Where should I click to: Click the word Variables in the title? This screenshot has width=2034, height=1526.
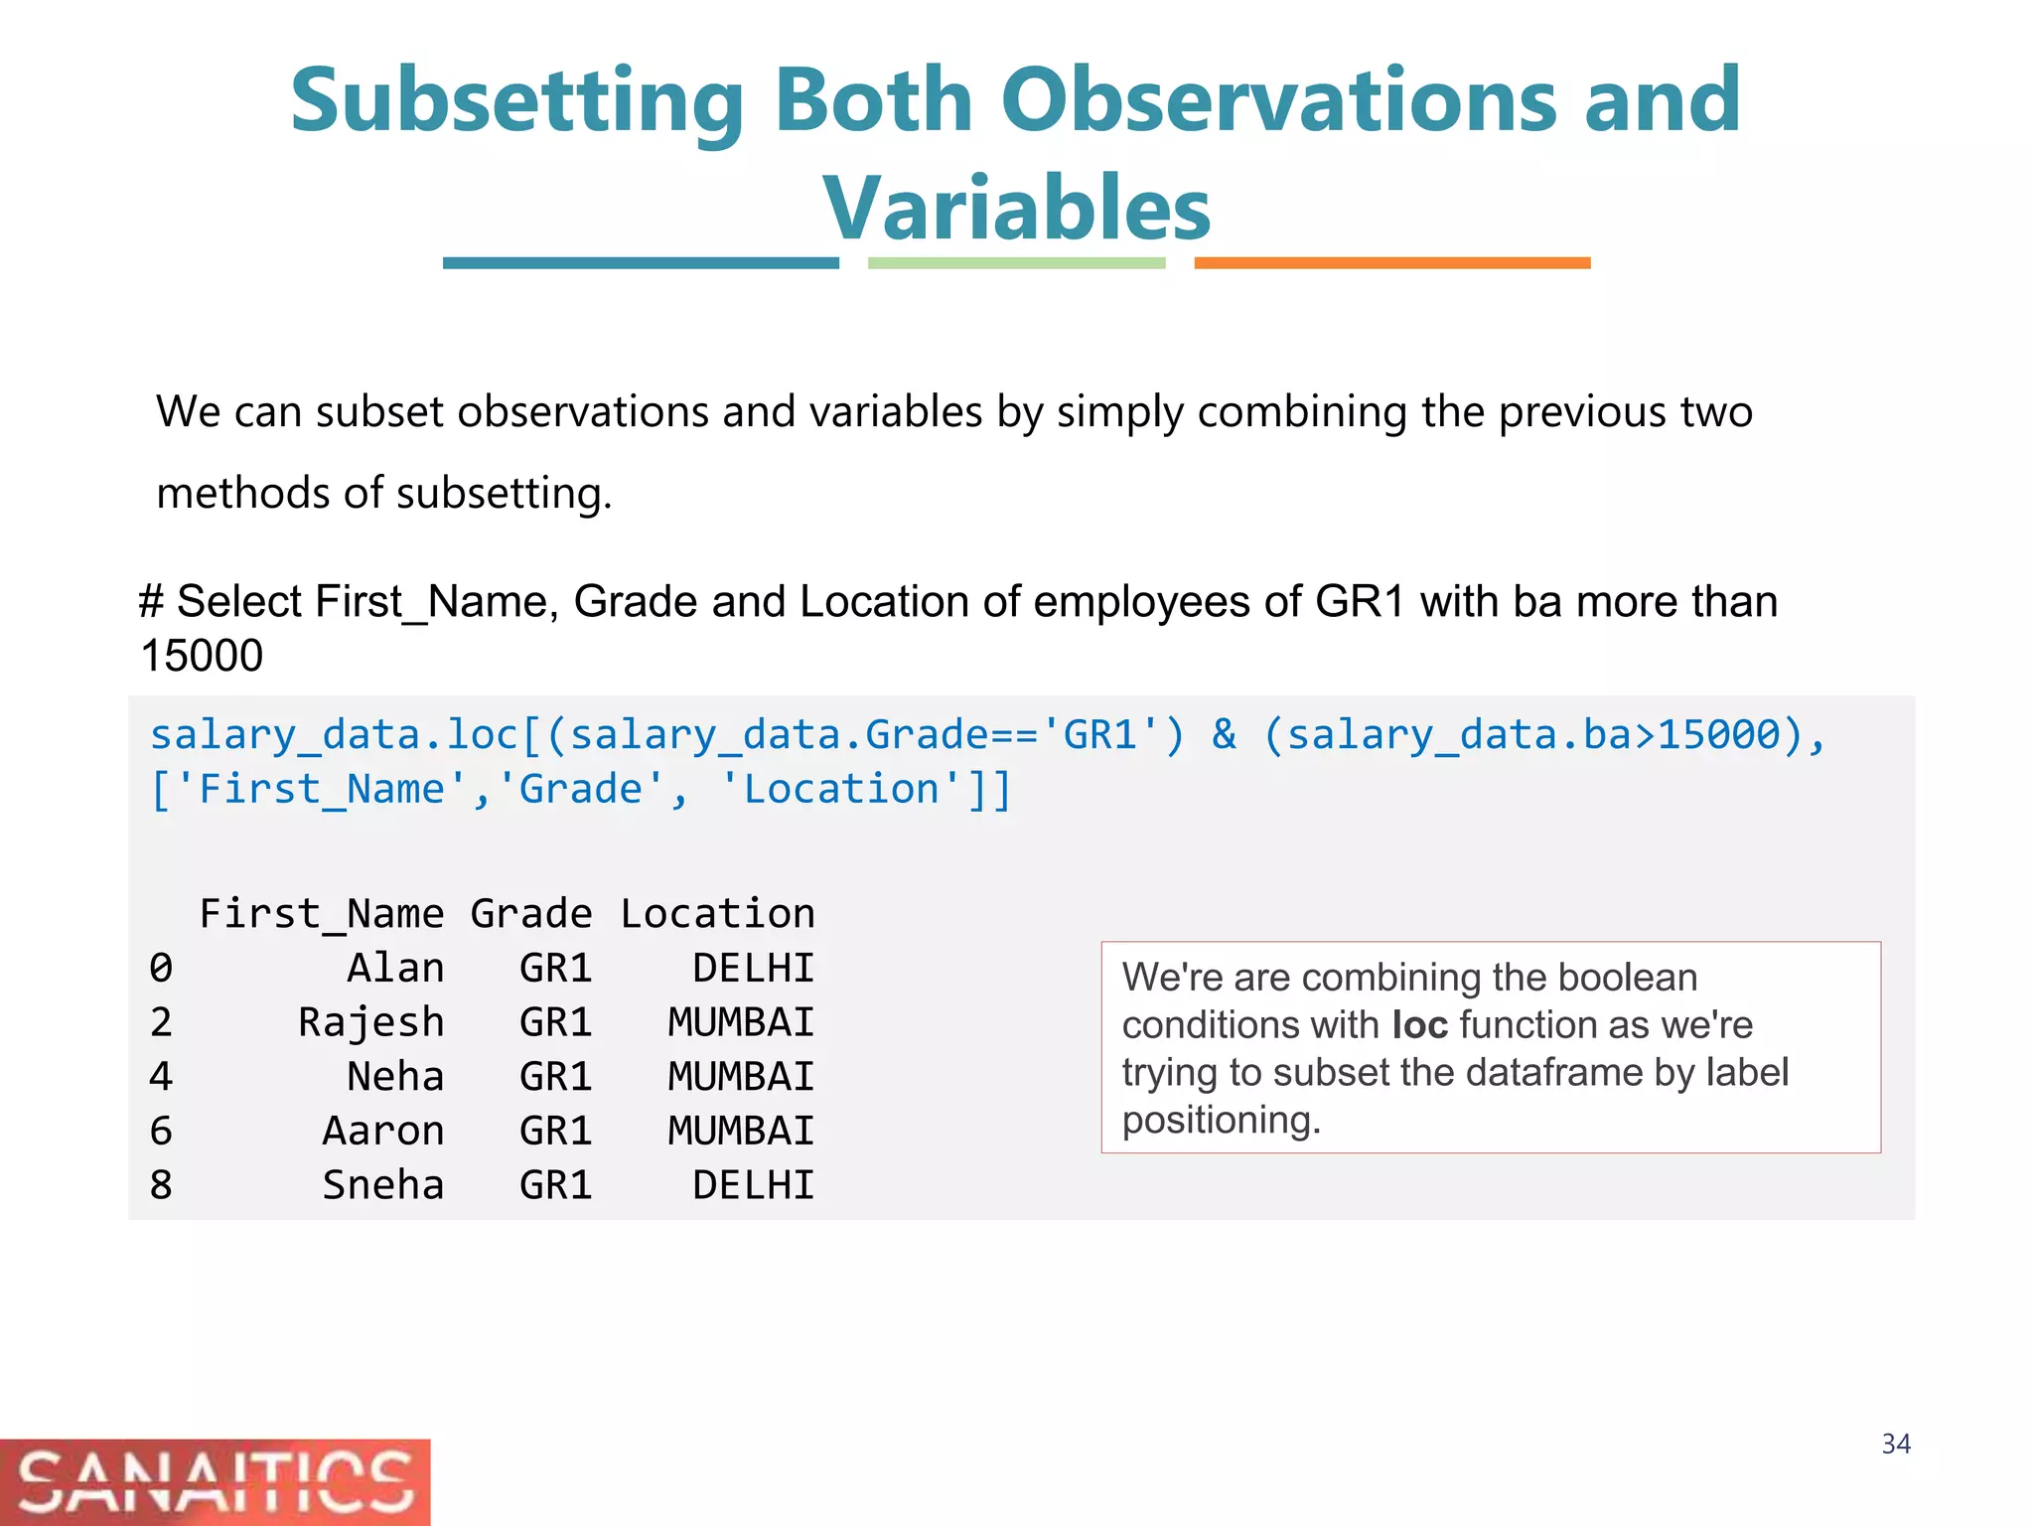pos(1016,208)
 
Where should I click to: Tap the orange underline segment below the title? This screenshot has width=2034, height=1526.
pos(1391,263)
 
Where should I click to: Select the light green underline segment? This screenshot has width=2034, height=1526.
pos(1016,263)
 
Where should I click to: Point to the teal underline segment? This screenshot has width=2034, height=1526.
pos(641,263)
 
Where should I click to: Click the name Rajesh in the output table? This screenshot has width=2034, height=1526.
pos(370,1022)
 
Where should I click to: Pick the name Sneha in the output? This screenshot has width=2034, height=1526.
pos(382,1185)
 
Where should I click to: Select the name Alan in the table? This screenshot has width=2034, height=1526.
pos(395,968)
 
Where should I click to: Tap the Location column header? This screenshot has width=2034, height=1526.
pos(717,914)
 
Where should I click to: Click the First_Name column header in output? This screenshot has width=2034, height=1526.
pos(322,914)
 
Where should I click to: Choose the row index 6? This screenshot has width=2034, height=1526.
pos(161,1131)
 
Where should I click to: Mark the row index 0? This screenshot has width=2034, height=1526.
pos(161,968)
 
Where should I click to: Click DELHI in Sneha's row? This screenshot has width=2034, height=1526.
pos(753,1185)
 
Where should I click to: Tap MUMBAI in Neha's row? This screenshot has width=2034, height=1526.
pos(741,1077)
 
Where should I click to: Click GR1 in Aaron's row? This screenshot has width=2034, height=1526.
pos(555,1131)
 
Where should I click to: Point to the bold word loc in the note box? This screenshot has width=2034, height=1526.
pos(1419,1025)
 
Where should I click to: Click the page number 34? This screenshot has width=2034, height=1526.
pos(1895,1444)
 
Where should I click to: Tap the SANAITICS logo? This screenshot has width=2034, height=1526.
pos(215,1481)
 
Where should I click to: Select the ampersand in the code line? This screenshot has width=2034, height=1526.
pos(1224,735)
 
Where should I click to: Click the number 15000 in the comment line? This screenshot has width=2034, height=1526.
pos(202,656)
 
